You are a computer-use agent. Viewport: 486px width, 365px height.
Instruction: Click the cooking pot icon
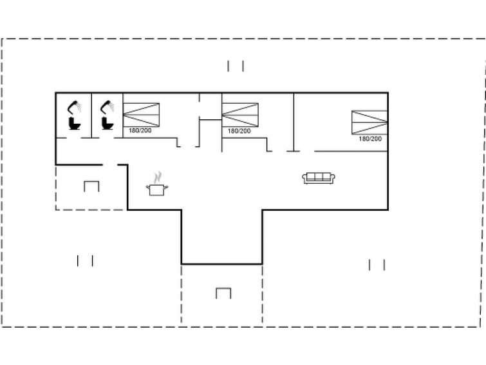(157, 190)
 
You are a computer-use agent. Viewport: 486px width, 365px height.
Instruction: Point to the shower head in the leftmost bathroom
(75, 106)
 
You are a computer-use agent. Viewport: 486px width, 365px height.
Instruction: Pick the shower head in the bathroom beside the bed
(107, 106)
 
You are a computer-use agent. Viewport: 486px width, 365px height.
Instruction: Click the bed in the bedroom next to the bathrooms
(141, 114)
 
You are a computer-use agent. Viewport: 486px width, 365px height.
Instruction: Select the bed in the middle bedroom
(239, 114)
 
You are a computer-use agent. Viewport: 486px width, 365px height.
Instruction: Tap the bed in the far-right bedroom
(369, 122)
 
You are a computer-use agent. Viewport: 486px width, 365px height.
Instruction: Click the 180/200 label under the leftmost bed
(140, 131)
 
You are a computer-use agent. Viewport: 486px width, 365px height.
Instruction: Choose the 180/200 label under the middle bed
(239, 131)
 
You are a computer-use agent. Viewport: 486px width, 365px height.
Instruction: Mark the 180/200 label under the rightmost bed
(370, 139)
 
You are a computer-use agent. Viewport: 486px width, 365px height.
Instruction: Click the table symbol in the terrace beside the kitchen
(91, 186)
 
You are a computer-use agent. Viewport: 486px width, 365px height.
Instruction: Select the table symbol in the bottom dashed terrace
(223, 293)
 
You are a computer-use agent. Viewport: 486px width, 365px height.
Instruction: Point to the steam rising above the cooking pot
(157, 177)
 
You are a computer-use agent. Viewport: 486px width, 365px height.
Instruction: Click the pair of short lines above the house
(236, 66)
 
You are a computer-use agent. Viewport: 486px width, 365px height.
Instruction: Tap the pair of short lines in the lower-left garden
(86, 261)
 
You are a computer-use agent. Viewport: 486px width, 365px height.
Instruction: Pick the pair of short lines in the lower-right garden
(377, 264)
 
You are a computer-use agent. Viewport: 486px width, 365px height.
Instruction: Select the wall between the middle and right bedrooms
(294, 121)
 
